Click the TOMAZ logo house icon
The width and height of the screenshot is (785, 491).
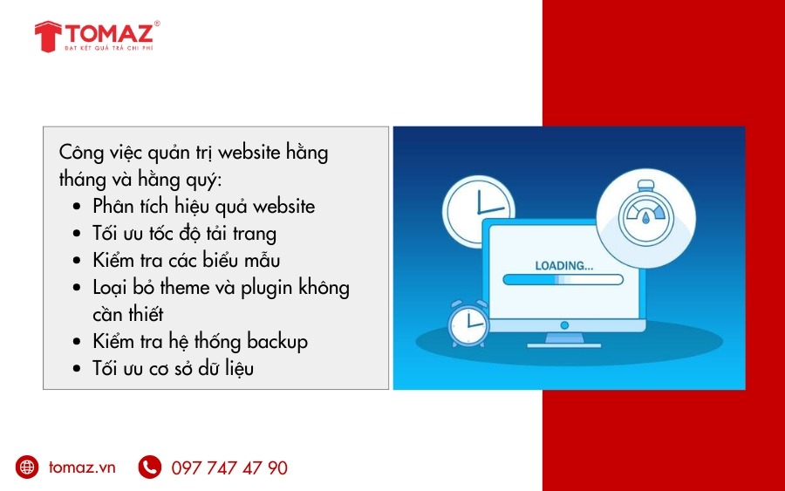click(47, 36)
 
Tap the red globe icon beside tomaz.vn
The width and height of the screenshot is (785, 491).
click(27, 467)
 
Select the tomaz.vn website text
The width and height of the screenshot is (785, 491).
click(82, 467)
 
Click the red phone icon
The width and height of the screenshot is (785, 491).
click(149, 467)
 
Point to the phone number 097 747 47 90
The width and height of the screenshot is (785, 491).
click(229, 468)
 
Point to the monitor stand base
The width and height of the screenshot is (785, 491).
click(564, 339)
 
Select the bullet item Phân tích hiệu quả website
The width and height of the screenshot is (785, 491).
click(203, 207)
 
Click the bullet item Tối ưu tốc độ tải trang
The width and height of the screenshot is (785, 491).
click(184, 234)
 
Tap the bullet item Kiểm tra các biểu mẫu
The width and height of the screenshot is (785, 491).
click(186, 261)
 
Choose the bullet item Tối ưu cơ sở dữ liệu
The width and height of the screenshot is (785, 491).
click(173, 368)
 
